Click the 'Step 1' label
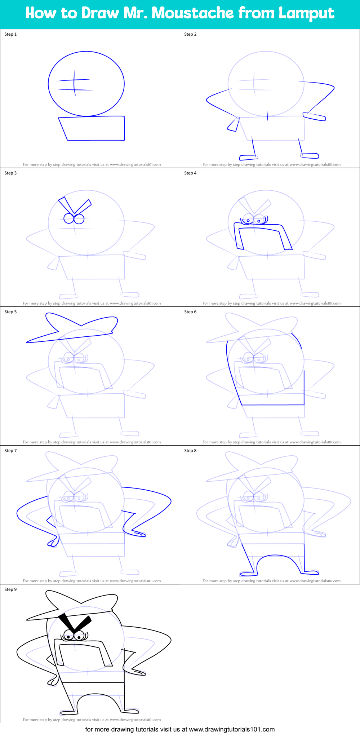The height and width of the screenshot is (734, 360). pyautogui.click(x=10, y=34)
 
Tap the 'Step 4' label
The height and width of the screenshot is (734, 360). pyautogui.click(x=190, y=173)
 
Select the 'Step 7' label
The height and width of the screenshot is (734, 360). pyautogui.click(x=10, y=451)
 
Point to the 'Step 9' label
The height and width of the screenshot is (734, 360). pyautogui.click(x=10, y=589)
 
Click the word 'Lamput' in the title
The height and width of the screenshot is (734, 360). pyautogui.click(x=306, y=13)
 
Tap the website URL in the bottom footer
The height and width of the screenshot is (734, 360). pyautogui.click(x=232, y=729)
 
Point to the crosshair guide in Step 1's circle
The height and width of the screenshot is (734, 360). pyautogui.click(x=75, y=84)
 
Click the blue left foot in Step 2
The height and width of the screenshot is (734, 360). pyautogui.click(x=248, y=157)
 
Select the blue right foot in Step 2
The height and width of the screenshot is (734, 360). pyautogui.click(x=310, y=156)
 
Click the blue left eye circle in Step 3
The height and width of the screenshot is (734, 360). pyautogui.click(x=68, y=218)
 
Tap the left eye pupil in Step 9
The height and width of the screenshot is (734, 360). pyautogui.click(x=68, y=637)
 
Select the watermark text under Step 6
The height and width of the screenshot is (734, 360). pyautogui.click(x=271, y=442)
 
